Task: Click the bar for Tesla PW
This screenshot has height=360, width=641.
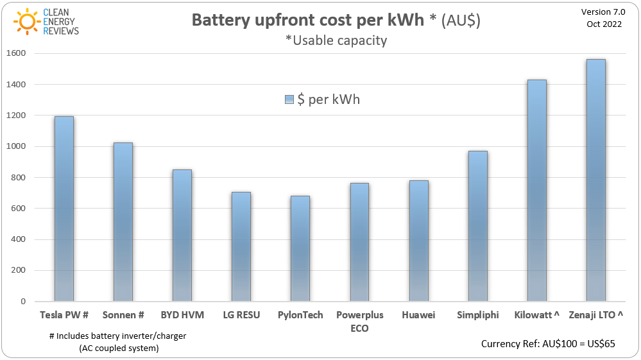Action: click(x=64, y=209)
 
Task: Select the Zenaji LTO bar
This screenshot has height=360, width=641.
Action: click(x=595, y=180)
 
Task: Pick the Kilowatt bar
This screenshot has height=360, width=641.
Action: click(x=536, y=191)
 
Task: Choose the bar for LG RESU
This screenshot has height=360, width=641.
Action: click(x=241, y=246)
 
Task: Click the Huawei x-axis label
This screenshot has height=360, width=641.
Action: click(x=418, y=315)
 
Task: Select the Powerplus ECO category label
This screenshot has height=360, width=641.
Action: click(x=359, y=321)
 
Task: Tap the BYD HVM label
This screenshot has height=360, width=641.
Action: click(x=182, y=315)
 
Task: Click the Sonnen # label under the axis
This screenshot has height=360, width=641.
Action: click(x=123, y=315)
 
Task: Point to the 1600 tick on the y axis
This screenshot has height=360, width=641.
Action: click(x=15, y=53)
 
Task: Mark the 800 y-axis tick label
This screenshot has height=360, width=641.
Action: click(x=18, y=177)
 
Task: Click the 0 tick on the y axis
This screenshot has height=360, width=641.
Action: click(x=22, y=301)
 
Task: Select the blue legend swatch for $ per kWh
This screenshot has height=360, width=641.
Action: click(x=289, y=100)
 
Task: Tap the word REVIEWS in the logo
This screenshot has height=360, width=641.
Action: click(x=61, y=31)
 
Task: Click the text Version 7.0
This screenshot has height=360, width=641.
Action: click(x=603, y=12)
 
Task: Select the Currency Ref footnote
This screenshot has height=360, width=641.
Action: click(x=548, y=344)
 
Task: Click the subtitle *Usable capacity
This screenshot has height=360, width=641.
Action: click(x=336, y=40)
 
